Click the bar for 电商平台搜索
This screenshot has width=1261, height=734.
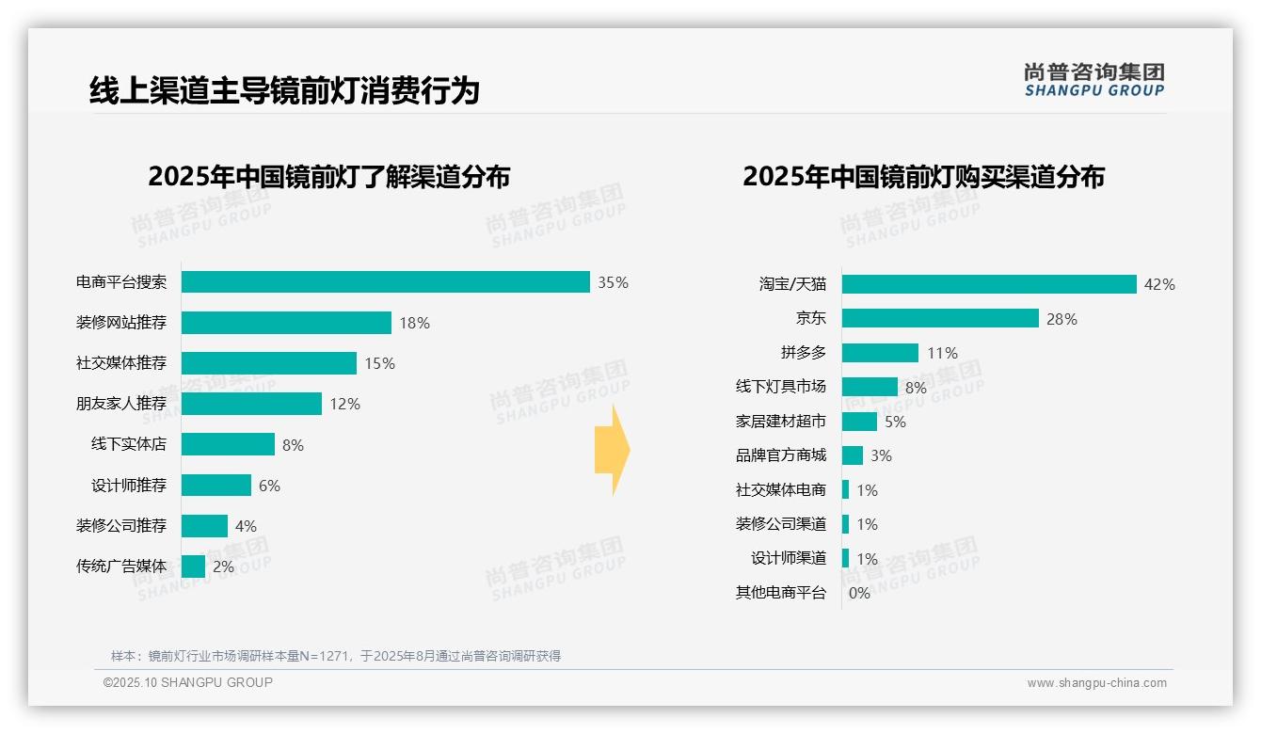pyautogui.click(x=385, y=282)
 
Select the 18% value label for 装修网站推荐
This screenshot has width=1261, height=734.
pyautogui.click(x=414, y=323)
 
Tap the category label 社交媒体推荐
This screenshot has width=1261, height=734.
pyautogui.click(x=121, y=363)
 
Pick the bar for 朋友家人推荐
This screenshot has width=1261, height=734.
pyautogui.click(x=251, y=404)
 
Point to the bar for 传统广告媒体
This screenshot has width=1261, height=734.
pyautogui.click(x=193, y=566)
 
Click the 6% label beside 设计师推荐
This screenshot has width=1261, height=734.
pyautogui.click(x=269, y=486)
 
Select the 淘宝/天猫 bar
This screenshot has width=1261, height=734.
pyautogui.click(x=989, y=284)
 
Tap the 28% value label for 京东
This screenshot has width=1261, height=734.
pyautogui.click(x=1061, y=319)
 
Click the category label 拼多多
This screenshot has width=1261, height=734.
pyautogui.click(x=803, y=353)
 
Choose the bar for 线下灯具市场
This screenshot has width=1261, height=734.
pyautogui.click(x=870, y=387)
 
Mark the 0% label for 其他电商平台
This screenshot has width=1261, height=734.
pyautogui.click(x=859, y=593)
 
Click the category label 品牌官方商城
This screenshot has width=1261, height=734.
pyautogui.click(x=780, y=455)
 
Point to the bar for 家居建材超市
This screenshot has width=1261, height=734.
pyautogui.click(x=859, y=422)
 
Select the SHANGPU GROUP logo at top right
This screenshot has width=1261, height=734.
pyautogui.click(x=1093, y=80)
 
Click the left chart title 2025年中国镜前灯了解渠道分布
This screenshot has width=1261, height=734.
pyautogui.click(x=328, y=177)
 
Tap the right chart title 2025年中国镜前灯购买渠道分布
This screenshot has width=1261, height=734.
pyautogui.click(x=923, y=177)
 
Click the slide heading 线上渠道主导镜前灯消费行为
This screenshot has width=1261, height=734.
pyautogui.click(x=284, y=90)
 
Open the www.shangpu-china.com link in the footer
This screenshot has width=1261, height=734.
pyautogui.click(x=1096, y=683)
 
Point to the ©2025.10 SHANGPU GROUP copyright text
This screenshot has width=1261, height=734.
pyautogui.click(x=188, y=682)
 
